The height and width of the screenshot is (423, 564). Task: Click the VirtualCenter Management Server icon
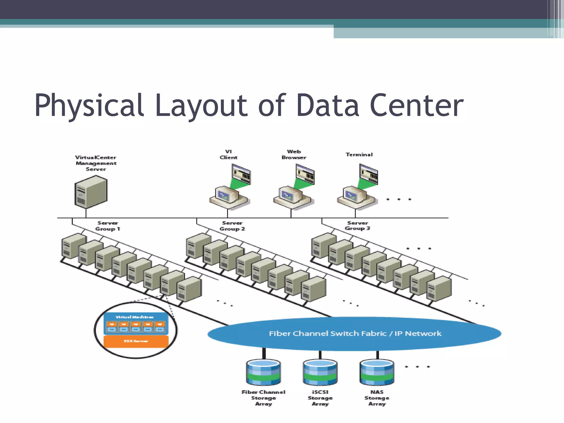[91, 192]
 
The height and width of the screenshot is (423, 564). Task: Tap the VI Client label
[228, 154]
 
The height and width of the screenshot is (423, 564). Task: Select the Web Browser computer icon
[294, 189]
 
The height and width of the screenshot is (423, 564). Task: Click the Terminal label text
[359, 154]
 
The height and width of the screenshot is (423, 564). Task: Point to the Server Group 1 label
[108, 226]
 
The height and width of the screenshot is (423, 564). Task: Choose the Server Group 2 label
[232, 226]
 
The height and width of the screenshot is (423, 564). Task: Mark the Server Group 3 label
[357, 226]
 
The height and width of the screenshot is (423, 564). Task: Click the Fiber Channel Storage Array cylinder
[263, 372]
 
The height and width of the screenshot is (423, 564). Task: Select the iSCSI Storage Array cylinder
[320, 372]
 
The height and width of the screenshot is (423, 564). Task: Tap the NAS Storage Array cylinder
[377, 372]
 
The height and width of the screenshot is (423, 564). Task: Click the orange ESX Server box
[136, 341]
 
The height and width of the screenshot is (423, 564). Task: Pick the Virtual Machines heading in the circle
[134, 317]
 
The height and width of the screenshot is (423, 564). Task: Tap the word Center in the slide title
[416, 105]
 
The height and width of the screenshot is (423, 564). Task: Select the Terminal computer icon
[357, 189]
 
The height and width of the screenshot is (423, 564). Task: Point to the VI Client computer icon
[230, 189]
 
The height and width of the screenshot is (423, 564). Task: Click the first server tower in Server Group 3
[324, 245]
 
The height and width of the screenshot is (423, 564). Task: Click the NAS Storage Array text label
[377, 398]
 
